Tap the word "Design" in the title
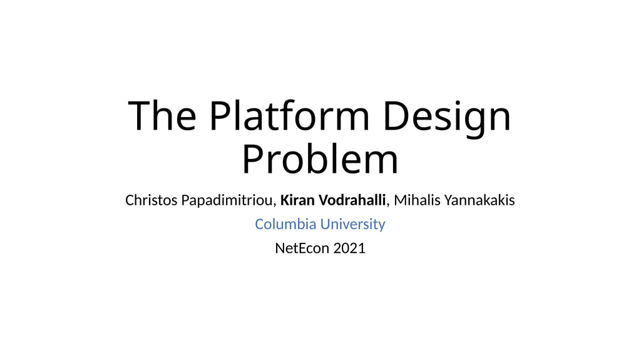446,117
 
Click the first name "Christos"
151,201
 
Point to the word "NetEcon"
302,248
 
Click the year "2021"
349,248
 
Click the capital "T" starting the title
138,117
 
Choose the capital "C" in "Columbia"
259,224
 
